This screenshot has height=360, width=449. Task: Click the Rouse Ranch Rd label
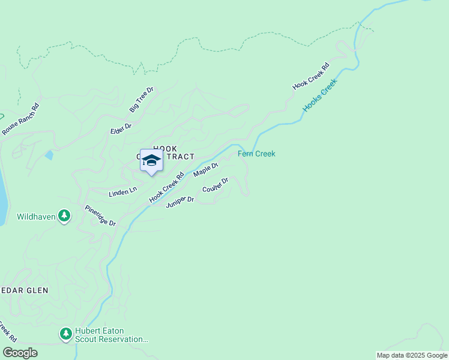click(x=20, y=119)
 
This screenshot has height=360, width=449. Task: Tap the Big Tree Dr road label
click(x=142, y=100)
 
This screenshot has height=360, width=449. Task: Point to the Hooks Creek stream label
click(x=320, y=96)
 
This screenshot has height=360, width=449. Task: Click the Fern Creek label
click(x=256, y=154)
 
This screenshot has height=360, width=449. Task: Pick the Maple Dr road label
click(x=205, y=170)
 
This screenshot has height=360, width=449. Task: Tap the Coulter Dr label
click(x=215, y=185)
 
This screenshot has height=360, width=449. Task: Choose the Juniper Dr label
click(x=180, y=202)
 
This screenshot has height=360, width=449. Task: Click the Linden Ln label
click(x=122, y=192)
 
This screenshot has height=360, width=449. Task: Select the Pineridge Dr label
click(x=100, y=215)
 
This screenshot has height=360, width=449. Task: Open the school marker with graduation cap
click(x=151, y=161)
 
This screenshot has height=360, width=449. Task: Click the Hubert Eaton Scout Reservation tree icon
click(x=65, y=333)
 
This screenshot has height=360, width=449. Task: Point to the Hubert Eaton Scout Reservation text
click(x=112, y=335)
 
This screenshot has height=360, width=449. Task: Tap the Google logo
click(x=20, y=353)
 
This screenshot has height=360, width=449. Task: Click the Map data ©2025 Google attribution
click(x=412, y=355)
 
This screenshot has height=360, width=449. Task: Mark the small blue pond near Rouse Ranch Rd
click(x=49, y=155)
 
